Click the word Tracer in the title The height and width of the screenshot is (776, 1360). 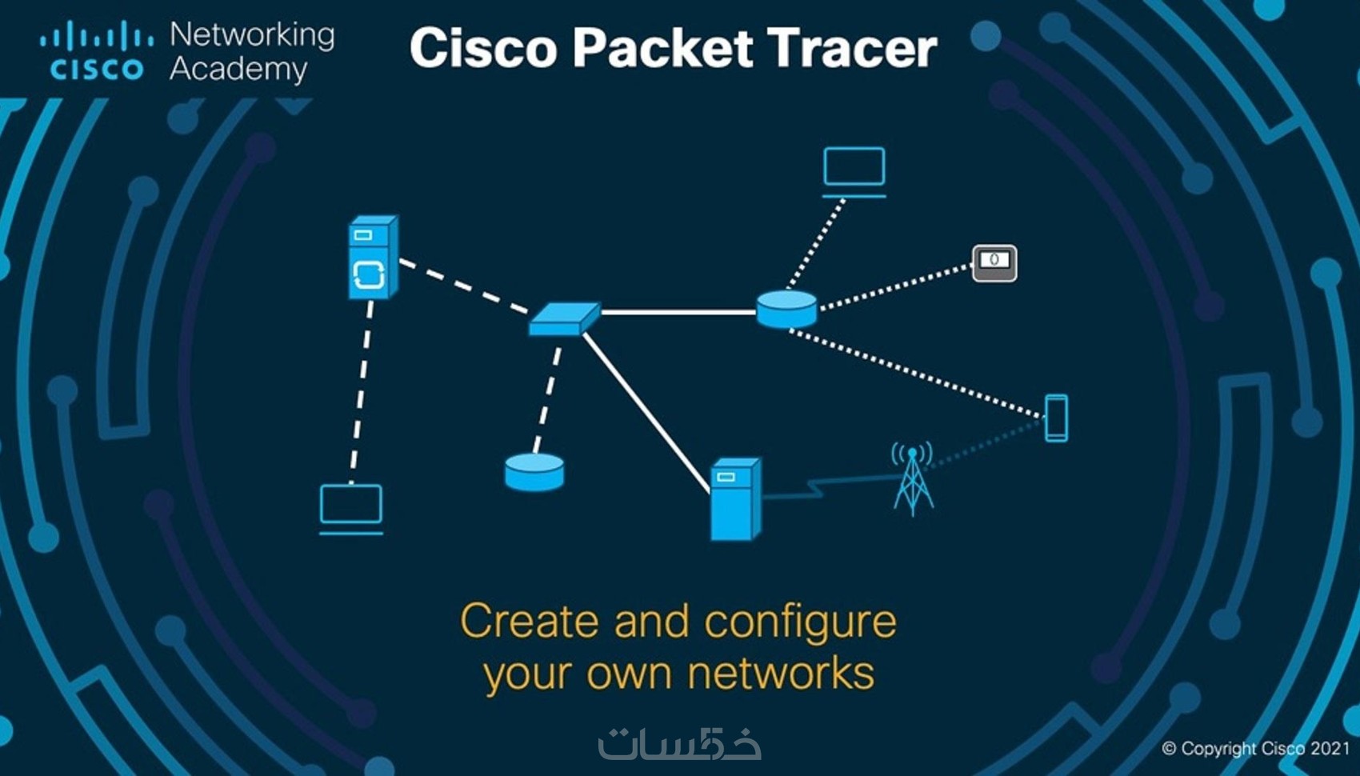point(851,48)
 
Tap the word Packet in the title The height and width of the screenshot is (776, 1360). point(662,48)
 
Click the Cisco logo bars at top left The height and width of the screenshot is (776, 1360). point(97,37)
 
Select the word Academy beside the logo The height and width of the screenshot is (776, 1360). point(238,70)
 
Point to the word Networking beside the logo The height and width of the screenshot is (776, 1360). point(252,34)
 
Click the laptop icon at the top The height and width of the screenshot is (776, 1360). point(854,170)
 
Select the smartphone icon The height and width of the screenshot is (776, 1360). point(1056,418)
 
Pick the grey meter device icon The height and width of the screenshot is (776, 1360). point(994,262)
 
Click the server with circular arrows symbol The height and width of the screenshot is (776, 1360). point(372,258)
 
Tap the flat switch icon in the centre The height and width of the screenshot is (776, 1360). point(564,318)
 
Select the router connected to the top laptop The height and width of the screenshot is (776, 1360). point(786,309)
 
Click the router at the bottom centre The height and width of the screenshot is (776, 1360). point(534,471)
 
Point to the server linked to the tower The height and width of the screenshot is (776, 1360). point(735,499)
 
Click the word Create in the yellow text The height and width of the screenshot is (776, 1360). point(529,622)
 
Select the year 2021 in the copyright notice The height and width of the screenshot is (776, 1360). point(1330,749)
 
